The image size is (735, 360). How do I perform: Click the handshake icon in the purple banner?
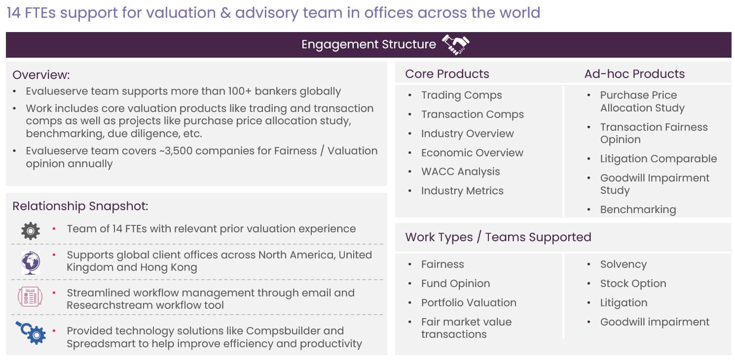[456, 44]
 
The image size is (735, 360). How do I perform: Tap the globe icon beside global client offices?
[31, 262]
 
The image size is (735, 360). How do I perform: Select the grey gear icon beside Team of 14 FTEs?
[31, 231]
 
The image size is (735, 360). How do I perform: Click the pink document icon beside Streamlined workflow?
[30, 296]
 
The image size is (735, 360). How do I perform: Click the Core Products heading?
[447, 74]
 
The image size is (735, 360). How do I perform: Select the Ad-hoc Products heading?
[634, 74]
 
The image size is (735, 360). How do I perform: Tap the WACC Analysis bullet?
[460, 172]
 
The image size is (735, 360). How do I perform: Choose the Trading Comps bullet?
[461, 95]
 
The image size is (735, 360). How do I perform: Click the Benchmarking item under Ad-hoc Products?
[638, 210]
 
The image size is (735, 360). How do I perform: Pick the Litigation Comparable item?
[658, 159]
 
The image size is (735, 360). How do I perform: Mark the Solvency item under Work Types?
[623, 264]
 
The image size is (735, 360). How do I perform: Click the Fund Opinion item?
[455, 284]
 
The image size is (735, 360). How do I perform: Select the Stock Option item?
[633, 284]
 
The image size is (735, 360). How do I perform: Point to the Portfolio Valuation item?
[469, 303]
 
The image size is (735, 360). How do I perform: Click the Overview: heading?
[41, 75]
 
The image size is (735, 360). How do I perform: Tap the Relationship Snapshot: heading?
[80, 206]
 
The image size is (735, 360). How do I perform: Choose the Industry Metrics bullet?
[462, 191]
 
